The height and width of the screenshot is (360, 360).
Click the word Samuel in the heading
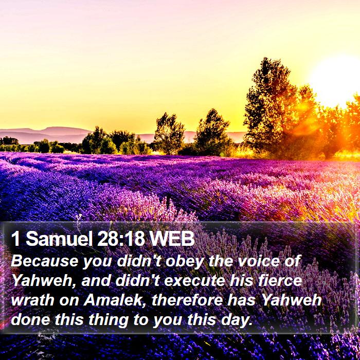coord(59,239)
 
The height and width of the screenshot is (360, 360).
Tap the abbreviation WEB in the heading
coord(172,239)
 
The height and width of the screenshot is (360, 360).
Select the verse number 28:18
coord(121,239)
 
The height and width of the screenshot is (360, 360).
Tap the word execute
coord(195,281)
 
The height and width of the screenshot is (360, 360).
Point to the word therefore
coord(187,300)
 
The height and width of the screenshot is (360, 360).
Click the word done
coord(30,319)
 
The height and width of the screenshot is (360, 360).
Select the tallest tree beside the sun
coord(272,108)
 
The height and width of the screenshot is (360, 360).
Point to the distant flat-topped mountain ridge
coord(46,134)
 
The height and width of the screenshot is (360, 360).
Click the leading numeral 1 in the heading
coord(15,239)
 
